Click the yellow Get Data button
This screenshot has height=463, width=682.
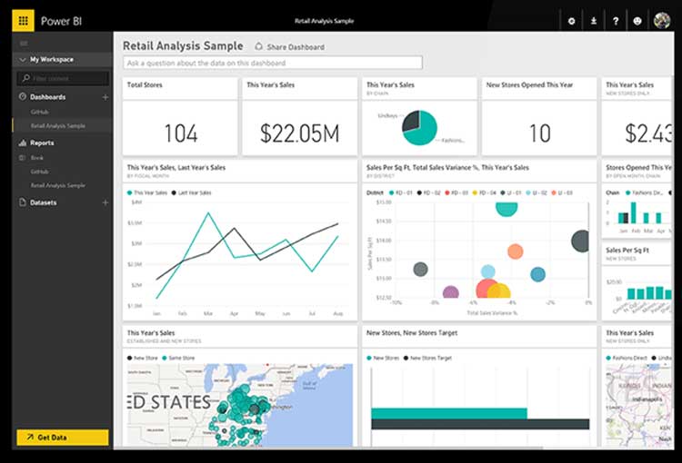(x=62, y=438)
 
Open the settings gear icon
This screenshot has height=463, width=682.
(x=571, y=20)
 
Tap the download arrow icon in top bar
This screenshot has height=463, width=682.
(x=594, y=20)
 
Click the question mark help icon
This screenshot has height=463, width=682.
(x=616, y=20)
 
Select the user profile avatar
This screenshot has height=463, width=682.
(x=661, y=20)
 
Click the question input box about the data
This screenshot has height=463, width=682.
(x=273, y=63)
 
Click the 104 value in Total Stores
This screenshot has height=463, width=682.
(x=180, y=133)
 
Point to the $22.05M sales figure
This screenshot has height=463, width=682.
(x=299, y=133)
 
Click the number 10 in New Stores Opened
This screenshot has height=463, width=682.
(x=539, y=133)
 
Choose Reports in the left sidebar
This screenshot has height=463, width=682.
(x=42, y=143)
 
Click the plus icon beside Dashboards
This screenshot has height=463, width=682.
(x=105, y=97)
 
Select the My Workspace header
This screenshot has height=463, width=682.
(x=52, y=60)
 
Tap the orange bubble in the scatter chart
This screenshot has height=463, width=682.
(x=515, y=251)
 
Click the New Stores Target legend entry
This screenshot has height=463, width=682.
(x=430, y=359)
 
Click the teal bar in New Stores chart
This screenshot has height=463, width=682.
(x=449, y=413)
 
